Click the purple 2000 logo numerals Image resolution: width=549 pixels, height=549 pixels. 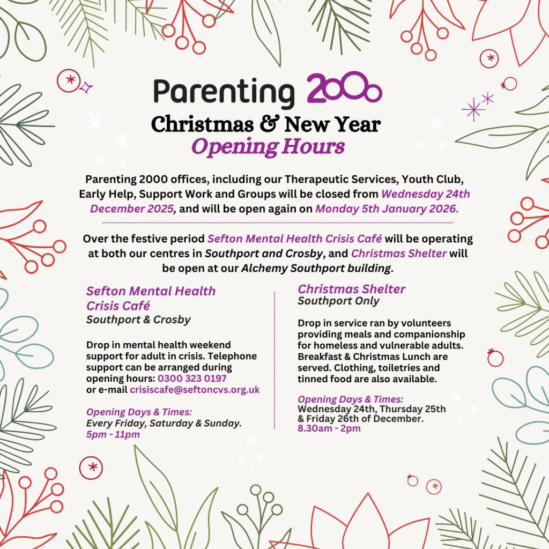[344, 90]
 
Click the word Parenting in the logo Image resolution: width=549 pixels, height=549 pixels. [224, 92]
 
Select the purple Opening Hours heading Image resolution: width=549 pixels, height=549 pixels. [268, 146]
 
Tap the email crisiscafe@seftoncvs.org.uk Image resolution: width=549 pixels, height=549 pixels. [195, 390]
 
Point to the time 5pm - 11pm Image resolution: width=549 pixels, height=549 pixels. [113, 434]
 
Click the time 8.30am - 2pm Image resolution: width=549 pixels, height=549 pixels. [329, 428]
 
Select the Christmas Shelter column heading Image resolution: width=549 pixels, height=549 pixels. [352, 289]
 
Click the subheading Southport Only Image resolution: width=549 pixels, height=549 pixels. [338, 301]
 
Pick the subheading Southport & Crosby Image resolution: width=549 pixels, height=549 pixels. [138, 320]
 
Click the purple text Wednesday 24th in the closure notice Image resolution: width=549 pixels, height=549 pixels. [426, 194]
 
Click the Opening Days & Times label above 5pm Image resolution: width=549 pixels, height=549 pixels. [139, 412]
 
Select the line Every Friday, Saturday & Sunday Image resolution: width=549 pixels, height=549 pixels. [164, 424]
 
